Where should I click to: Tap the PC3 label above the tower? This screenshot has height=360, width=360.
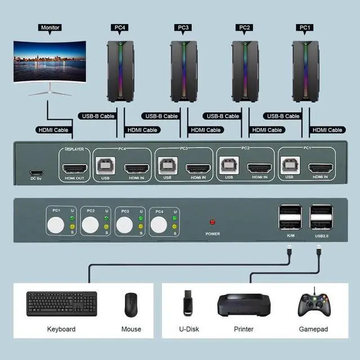tap(183, 26)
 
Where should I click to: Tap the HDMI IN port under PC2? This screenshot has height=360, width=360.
tap(259, 168)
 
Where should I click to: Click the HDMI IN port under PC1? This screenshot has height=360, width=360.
tap(321, 168)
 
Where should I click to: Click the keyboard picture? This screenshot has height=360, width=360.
tap(61, 304)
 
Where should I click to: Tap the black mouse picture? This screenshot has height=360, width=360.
tap(132, 304)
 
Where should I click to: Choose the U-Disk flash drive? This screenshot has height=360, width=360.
tap(187, 304)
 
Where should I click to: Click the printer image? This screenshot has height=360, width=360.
tap(244, 304)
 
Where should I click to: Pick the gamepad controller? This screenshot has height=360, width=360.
tap(314, 304)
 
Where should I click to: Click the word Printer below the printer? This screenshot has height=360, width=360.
tap(244, 329)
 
